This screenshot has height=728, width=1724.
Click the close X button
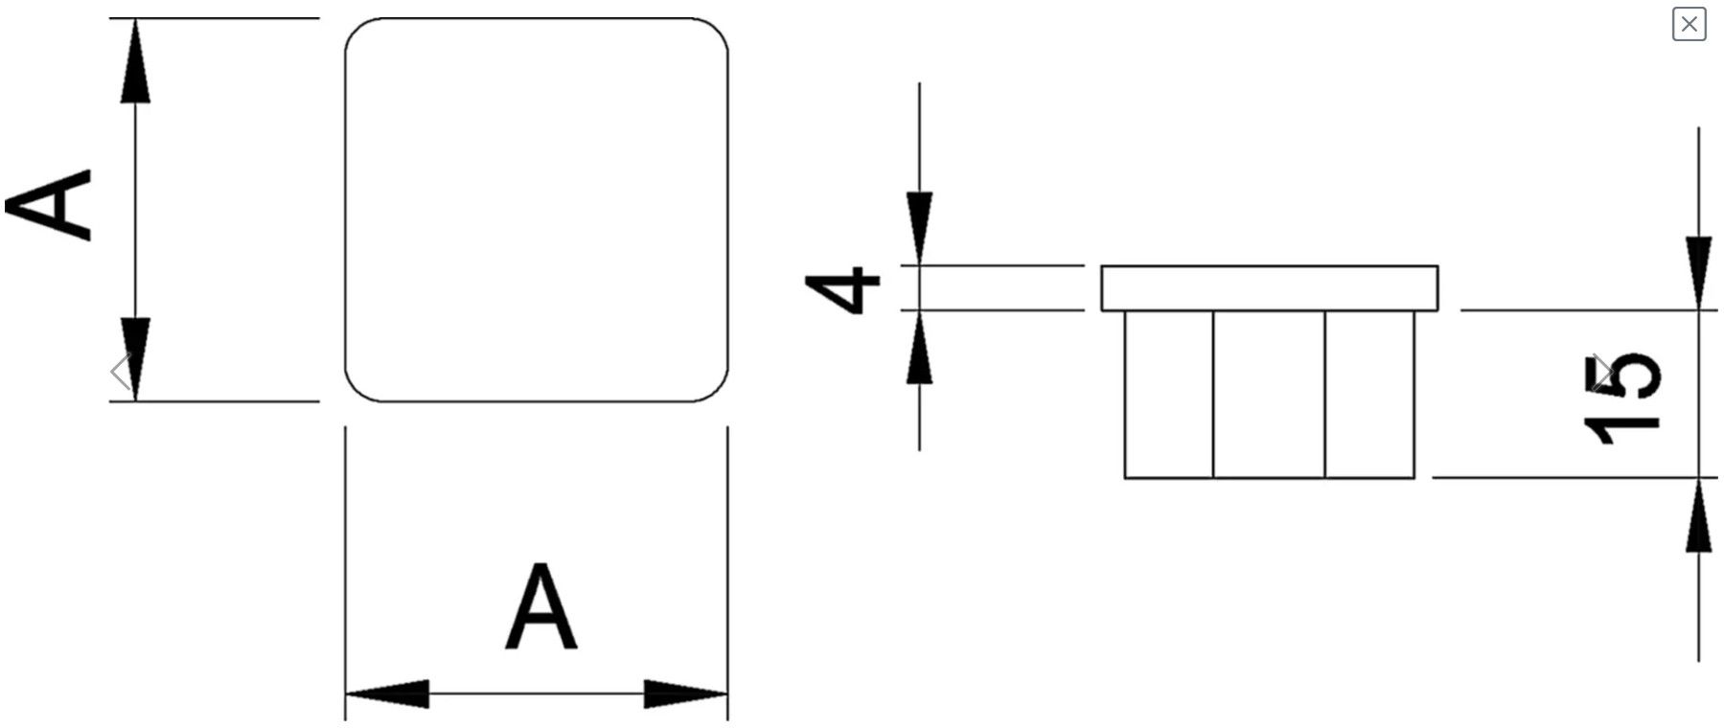click(1689, 23)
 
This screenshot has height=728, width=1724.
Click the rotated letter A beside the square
click(49, 204)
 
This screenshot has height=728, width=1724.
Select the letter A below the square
click(541, 606)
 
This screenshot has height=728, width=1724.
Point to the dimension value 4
click(842, 289)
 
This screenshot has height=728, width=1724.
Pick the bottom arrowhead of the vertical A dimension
click(135, 359)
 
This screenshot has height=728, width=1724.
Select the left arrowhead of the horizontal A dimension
click(387, 694)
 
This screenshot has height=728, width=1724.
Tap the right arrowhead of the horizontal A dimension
click(686, 694)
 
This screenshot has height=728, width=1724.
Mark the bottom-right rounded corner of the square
click(717, 390)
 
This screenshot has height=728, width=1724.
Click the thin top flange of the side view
click(1269, 288)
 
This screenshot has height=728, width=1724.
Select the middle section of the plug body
click(1269, 394)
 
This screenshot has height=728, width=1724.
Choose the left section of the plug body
click(1169, 394)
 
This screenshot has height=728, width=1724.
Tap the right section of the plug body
click(1369, 394)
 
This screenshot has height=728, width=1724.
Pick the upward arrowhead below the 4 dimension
click(920, 347)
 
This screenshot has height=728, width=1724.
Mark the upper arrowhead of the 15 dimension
click(1699, 273)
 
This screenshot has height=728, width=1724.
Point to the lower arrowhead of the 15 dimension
click(1699, 514)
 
